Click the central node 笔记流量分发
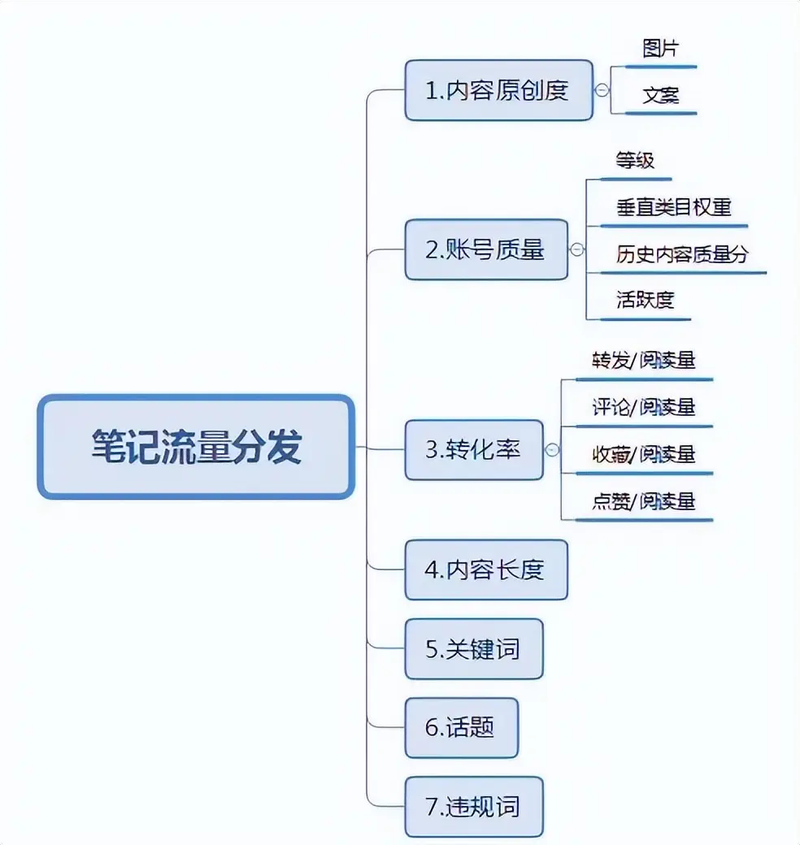(x=196, y=447)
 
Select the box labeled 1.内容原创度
(x=498, y=90)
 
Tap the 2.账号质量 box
(x=486, y=249)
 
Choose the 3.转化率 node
(x=474, y=449)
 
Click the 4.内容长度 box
(x=486, y=570)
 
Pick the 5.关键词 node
(x=474, y=648)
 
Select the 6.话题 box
(x=461, y=727)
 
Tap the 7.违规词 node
(x=474, y=807)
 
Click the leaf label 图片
(x=660, y=49)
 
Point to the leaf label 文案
(x=660, y=96)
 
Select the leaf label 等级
(x=635, y=160)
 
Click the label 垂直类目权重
(x=673, y=207)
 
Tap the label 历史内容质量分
(x=681, y=254)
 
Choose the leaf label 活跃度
(x=645, y=300)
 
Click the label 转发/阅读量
(x=643, y=360)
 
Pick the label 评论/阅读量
(x=643, y=407)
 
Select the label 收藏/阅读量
(x=643, y=454)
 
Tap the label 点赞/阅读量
(x=643, y=501)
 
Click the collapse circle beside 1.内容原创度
(x=602, y=90)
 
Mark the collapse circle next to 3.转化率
(x=553, y=449)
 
